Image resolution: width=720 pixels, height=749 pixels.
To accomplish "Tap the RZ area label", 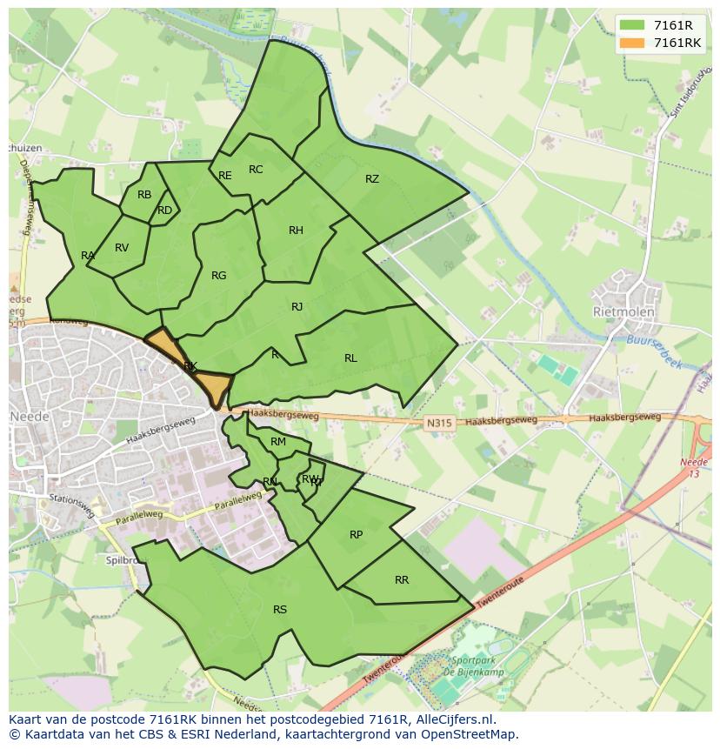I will pyautogui.click(x=372, y=179).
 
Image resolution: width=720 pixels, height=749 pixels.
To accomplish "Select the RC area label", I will pyautogui.click(x=256, y=170).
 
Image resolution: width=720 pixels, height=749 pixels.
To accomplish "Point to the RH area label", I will pyautogui.click(x=296, y=231).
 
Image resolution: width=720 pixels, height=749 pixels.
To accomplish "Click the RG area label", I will pyautogui.click(x=218, y=276).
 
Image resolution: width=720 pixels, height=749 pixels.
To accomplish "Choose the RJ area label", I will pyautogui.click(x=297, y=306).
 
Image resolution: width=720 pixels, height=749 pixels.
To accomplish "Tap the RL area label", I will pyautogui.click(x=350, y=358).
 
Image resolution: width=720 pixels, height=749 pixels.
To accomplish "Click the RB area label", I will pyautogui.click(x=144, y=195).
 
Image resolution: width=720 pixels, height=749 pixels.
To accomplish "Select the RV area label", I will pyautogui.click(x=122, y=248).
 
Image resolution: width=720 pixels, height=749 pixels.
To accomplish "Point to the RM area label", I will pyautogui.click(x=278, y=442).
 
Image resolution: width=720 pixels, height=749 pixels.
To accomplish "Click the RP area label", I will pyautogui.click(x=356, y=535).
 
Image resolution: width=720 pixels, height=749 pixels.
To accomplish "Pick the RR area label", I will pyautogui.click(x=402, y=580).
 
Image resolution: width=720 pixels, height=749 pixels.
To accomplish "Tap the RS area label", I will pyautogui.click(x=280, y=610).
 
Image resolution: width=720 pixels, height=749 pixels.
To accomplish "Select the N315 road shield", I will pyautogui.click(x=439, y=424).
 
